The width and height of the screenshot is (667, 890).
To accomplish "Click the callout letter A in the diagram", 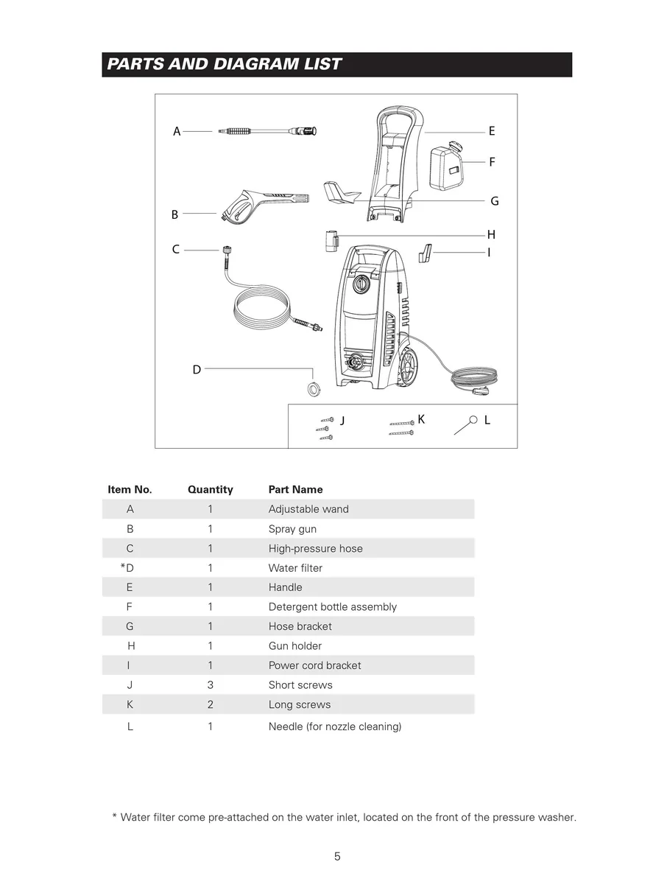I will (177, 132).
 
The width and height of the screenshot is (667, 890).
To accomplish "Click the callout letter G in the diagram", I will (495, 201).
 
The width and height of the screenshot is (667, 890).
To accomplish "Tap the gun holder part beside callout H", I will (331, 241).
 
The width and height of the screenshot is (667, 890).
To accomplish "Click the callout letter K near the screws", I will (421, 419).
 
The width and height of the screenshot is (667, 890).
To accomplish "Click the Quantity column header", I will (210, 489).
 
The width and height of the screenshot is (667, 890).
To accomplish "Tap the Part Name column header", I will (295, 489).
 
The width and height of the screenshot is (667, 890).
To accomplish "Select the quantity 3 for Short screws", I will (210, 684).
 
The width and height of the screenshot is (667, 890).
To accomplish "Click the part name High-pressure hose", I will (315, 548).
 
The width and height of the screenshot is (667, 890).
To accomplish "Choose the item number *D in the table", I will (128, 568).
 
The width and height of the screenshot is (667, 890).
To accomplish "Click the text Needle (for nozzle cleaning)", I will (335, 726).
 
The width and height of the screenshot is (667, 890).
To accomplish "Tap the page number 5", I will (337, 856).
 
